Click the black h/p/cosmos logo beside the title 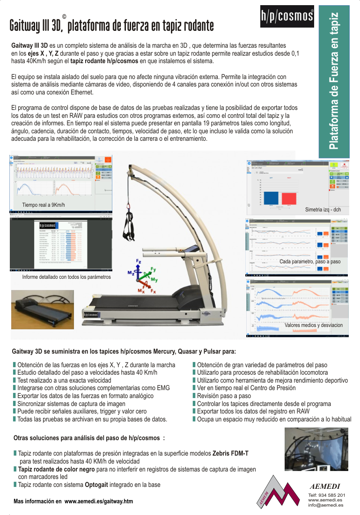[x=287, y=16]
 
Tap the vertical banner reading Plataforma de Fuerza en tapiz [x=334, y=81]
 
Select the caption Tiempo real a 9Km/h [x=44, y=205]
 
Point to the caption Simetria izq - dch [x=323, y=209]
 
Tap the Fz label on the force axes [x=139, y=260]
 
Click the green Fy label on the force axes [x=153, y=270]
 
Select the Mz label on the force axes [x=130, y=272]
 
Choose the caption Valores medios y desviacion [x=314, y=325]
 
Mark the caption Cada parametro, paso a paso [x=310, y=261]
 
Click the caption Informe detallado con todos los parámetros [x=66, y=277]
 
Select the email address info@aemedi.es [x=325, y=505]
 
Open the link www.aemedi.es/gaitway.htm [x=98, y=501]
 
